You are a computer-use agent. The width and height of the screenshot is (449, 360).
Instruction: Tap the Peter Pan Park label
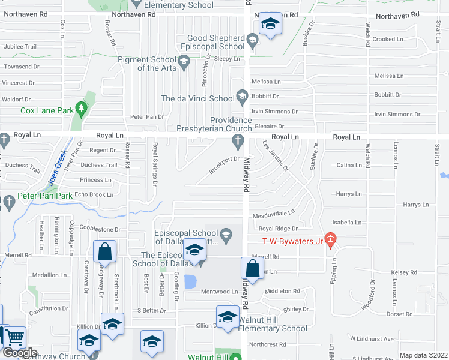(45, 196)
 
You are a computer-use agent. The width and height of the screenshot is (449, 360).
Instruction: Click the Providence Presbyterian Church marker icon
(238, 141)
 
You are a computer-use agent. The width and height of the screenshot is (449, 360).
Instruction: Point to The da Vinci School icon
(242, 96)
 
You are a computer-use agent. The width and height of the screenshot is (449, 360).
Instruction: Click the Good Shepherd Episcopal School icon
(252, 41)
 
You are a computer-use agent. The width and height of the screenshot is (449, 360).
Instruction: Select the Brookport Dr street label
(224, 163)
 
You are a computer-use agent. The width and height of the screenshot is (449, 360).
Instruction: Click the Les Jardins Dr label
(276, 155)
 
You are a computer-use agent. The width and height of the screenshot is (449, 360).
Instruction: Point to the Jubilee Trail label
(20, 47)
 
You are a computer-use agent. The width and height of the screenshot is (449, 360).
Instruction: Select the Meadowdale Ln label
(274, 212)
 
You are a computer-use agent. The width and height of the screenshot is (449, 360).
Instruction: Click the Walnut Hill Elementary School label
(273, 324)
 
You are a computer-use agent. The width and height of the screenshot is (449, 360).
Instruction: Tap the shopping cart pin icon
(15, 338)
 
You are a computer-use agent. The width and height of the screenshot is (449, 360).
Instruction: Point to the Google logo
(20, 353)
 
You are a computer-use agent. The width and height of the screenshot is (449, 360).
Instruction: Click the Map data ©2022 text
(423, 355)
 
